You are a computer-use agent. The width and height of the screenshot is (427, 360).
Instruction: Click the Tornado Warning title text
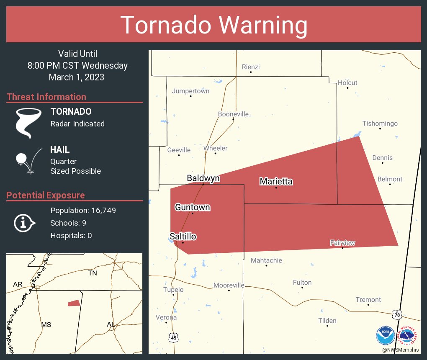[x=213, y=25]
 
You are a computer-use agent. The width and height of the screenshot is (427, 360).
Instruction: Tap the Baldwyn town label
[x=203, y=179]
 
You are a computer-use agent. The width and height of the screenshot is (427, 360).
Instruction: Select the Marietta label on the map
[x=276, y=182]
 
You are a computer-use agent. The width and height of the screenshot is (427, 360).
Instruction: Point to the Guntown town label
[x=193, y=208]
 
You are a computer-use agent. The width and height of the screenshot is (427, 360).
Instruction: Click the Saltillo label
[x=183, y=237]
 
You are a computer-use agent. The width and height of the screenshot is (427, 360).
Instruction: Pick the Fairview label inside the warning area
[x=342, y=243]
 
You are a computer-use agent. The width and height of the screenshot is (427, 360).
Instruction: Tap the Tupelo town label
[x=173, y=290]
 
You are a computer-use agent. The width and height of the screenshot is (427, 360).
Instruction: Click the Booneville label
[x=233, y=114]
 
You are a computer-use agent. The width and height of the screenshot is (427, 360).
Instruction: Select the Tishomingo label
[x=380, y=123]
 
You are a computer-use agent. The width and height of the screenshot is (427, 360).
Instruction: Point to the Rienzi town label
[x=251, y=67]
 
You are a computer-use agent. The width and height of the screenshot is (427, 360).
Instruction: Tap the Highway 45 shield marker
[x=173, y=337]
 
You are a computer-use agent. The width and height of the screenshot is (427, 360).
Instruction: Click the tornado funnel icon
[x=28, y=123]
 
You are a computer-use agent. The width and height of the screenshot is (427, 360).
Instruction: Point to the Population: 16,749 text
[x=83, y=210]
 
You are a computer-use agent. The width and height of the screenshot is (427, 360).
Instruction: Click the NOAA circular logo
[x=385, y=335]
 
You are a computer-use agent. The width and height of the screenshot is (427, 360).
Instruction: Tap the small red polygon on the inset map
[x=74, y=303]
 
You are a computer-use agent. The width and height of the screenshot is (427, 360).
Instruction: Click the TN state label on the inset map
[x=93, y=273]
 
